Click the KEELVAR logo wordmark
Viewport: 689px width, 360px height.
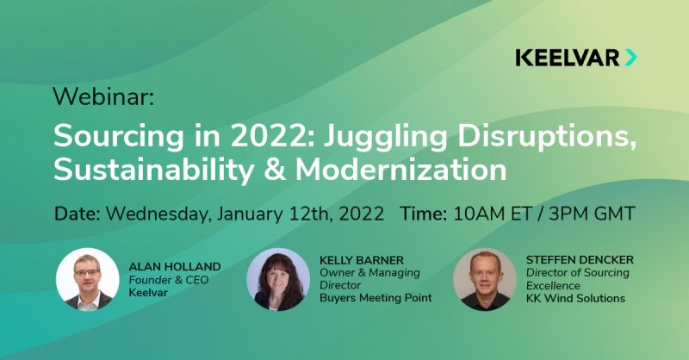[568, 58]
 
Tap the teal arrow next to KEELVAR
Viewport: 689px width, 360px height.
[630, 58]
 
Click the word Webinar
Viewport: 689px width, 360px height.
[102, 96]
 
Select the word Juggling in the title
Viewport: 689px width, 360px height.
[385, 137]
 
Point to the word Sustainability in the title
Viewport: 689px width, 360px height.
[153, 171]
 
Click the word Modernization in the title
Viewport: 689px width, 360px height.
[400, 171]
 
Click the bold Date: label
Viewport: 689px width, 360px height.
[78, 214]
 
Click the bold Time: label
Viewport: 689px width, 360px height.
[424, 214]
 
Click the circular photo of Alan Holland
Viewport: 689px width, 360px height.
[88, 279]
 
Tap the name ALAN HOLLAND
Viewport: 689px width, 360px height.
[175, 267]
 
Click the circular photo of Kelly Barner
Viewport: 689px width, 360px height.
[278, 279]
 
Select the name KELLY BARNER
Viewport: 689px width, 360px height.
[362, 260]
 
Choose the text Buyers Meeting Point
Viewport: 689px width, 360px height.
[376, 298]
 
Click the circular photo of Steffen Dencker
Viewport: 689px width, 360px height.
[485, 279]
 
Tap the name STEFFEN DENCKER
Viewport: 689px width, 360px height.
[580, 260]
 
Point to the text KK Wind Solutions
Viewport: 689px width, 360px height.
[575, 298]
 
